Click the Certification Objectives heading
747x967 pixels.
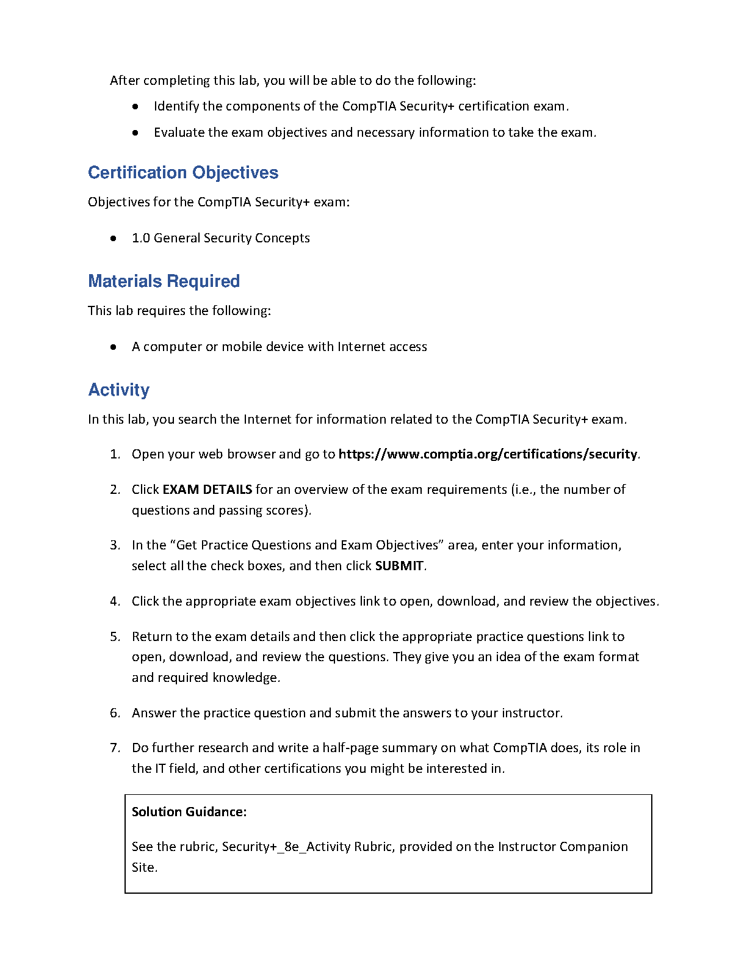click(183, 173)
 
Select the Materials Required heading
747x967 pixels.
click(164, 281)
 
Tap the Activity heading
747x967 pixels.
click(119, 390)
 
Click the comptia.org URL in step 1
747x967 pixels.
click(488, 454)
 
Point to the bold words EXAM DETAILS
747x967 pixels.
click(207, 490)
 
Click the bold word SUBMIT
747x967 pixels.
click(399, 566)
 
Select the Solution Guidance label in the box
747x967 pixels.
click(189, 812)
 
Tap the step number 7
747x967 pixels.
click(115, 748)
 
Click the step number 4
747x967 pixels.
click(115, 601)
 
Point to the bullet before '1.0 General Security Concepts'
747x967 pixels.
click(114, 239)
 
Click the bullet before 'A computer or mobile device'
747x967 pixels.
click(114, 347)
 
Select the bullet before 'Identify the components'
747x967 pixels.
click(135, 107)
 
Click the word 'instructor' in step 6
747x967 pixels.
click(530, 713)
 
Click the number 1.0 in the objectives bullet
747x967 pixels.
click(141, 238)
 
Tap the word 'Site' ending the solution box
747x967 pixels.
click(143, 867)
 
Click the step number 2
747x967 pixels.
click(115, 490)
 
